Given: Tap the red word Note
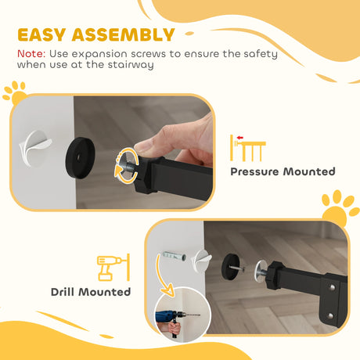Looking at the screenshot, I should pyautogui.click(x=30, y=53).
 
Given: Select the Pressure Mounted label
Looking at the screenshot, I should pyautogui.click(x=283, y=171).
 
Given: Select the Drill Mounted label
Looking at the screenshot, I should pyautogui.click(x=91, y=292).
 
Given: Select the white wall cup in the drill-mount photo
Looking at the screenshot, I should pyautogui.click(x=202, y=257).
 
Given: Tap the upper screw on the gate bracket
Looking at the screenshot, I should pyautogui.click(x=334, y=290).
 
